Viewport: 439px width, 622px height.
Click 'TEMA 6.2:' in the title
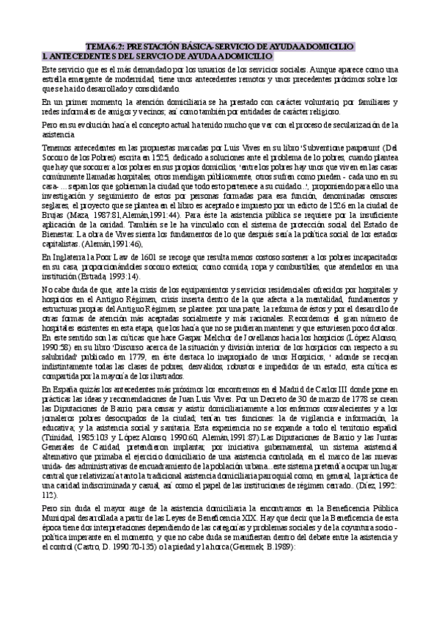click(103, 46)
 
